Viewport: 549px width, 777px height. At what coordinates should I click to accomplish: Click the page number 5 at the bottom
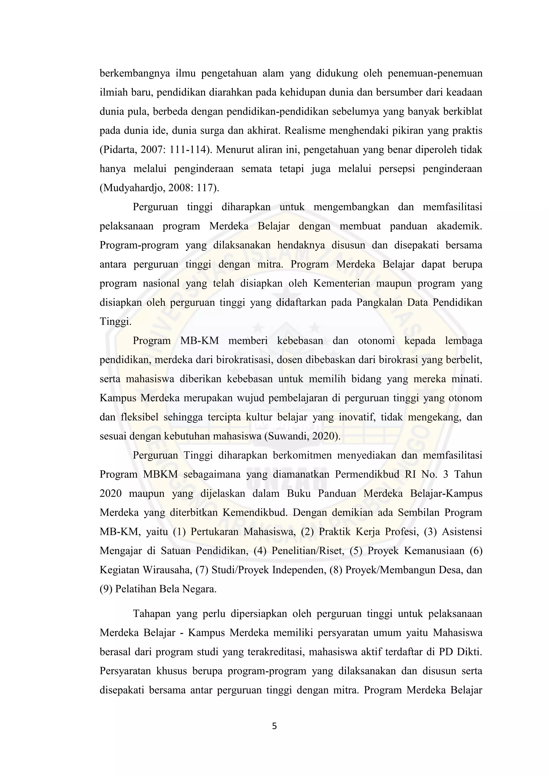274,726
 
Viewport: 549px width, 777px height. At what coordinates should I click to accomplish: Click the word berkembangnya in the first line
135,73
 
